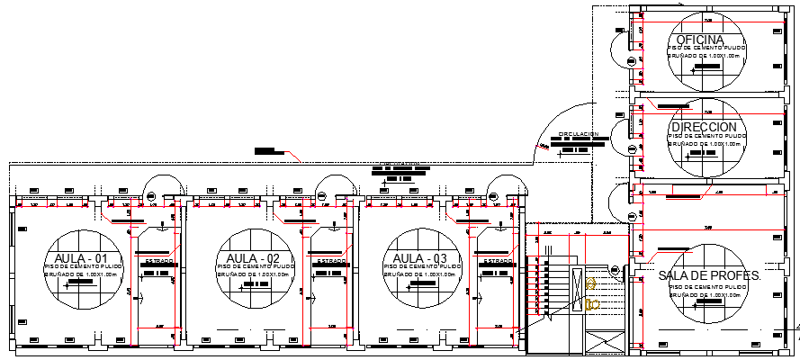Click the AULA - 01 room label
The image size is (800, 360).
(81, 259)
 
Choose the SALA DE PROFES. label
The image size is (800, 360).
(710, 275)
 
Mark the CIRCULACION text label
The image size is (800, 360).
(579, 134)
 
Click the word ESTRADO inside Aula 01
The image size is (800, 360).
(158, 261)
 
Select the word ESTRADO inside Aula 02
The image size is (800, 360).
(330, 261)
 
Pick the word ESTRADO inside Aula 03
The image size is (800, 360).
(498, 261)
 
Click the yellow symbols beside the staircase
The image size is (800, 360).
(591, 293)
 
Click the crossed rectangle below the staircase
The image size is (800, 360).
(604, 343)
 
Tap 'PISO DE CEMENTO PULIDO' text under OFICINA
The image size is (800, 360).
(706, 48)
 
